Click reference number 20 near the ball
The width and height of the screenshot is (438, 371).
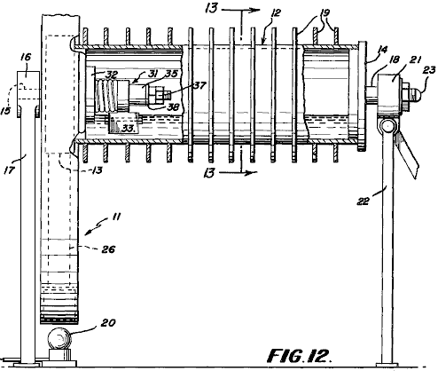tap(108, 323)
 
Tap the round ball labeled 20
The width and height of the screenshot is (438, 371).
tap(60, 338)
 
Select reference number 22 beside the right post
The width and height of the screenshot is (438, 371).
tap(364, 201)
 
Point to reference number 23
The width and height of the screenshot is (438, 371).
tap(429, 70)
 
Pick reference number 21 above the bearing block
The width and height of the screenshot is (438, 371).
tap(415, 60)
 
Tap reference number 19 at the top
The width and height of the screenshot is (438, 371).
tap(325, 13)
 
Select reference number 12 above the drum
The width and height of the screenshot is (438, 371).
tap(276, 12)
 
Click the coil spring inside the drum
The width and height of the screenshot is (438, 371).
tap(107, 96)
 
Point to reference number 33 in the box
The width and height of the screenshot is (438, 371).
tap(129, 128)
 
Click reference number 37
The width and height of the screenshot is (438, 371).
tap(199, 85)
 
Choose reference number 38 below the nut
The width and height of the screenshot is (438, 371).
tap(173, 107)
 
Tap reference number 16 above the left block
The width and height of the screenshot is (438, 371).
tap(26, 57)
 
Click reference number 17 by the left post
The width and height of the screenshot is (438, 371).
tap(9, 170)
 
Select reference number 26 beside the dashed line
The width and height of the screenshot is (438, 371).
tap(108, 249)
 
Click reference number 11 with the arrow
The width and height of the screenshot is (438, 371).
tap(116, 217)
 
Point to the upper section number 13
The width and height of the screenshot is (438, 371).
tap(212, 8)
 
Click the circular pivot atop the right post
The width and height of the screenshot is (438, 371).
tap(387, 127)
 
